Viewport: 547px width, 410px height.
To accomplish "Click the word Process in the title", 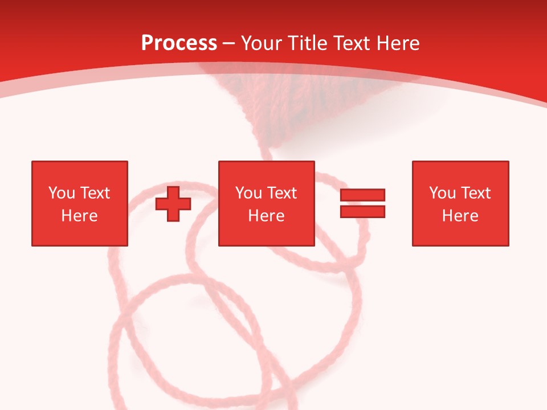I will (x=179, y=43).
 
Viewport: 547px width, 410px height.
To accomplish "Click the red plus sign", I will (x=173, y=204).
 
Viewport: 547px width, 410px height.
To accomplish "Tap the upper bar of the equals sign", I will (x=362, y=195).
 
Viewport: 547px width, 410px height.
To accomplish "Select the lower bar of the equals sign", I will (x=362, y=211).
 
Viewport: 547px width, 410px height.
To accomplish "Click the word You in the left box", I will (x=62, y=193).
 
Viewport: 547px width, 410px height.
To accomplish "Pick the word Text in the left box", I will (x=94, y=193).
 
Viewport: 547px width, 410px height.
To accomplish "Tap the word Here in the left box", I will (x=79, y=216).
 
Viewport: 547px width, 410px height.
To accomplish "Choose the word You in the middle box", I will (x=248, y=193).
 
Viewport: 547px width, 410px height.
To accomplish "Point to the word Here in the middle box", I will (x=266, y=216).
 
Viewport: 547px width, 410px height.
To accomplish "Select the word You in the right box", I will (x=442, y=193).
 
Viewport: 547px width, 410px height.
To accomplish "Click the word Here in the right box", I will (x=460, y=216).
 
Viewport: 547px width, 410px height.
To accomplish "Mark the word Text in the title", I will (x=349, y=43).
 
